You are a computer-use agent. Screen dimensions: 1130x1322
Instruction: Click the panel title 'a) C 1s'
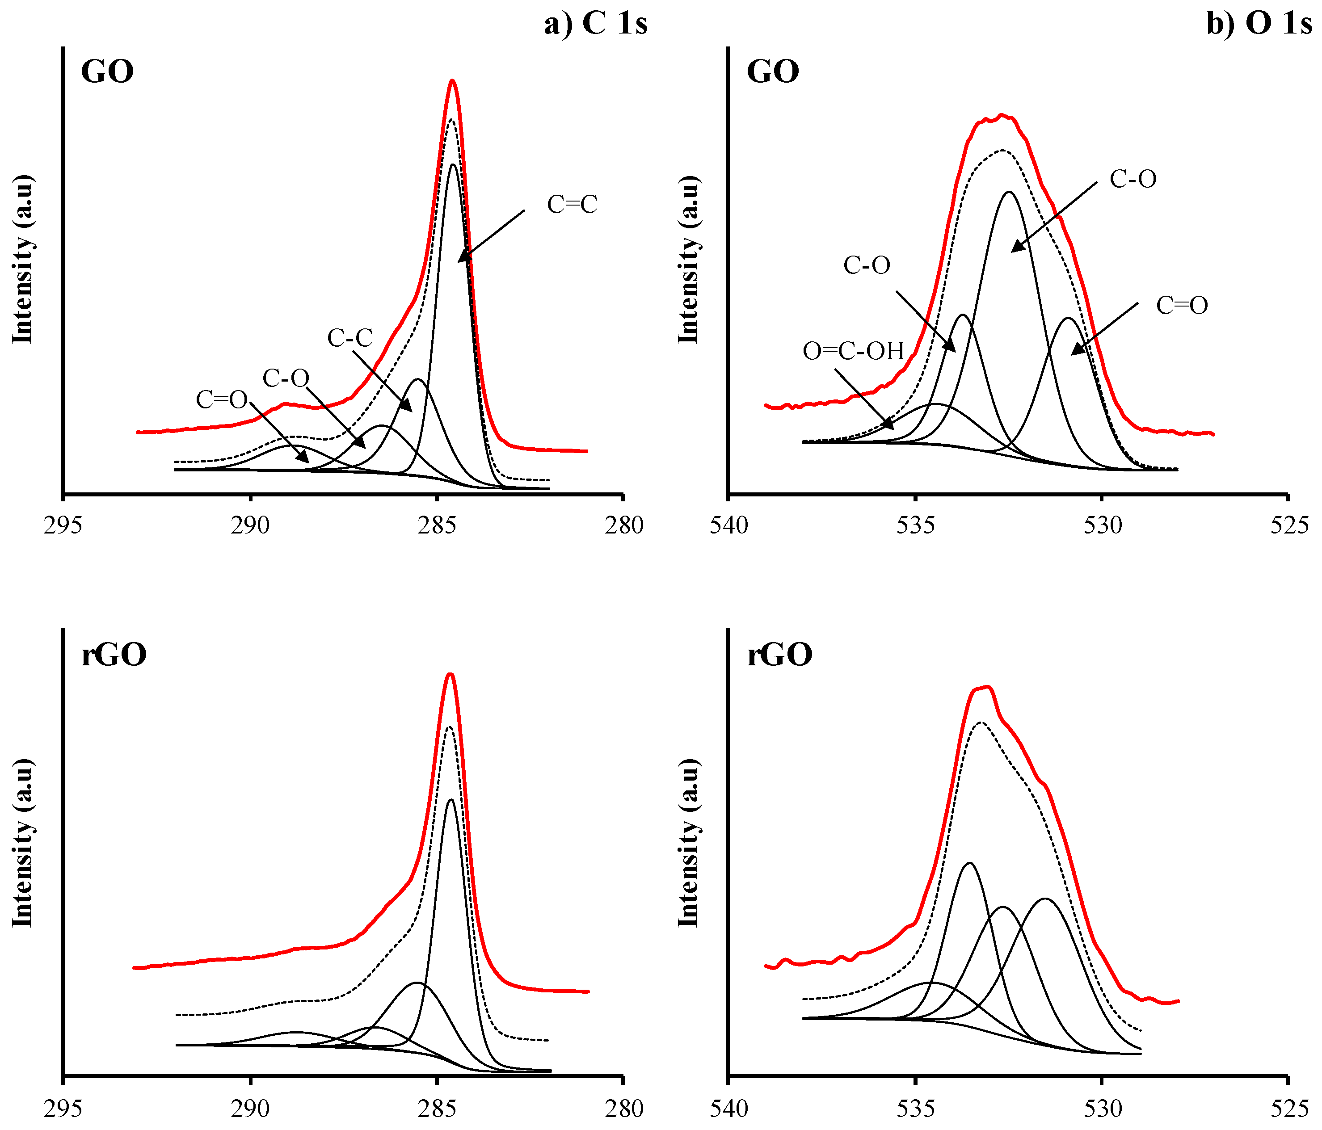click(595, 24)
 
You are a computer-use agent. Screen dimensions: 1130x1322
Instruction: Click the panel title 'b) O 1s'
click(1259, 24)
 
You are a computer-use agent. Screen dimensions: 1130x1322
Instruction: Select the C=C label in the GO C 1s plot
click(572, 204)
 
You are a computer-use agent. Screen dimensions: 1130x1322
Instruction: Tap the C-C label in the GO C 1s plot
click(349, 337)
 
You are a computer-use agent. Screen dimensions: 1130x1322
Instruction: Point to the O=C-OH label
click(854, 351)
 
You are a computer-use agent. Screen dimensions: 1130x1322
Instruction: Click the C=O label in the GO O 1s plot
click(1182, 306)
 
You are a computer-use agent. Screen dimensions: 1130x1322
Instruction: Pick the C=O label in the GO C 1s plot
click(221, 399)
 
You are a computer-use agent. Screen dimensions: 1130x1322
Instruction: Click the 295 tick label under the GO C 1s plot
click(63, 525)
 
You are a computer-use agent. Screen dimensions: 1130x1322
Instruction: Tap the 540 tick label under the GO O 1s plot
click(728, 525)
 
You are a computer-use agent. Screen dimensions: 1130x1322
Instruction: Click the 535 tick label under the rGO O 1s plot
click(915, 1108)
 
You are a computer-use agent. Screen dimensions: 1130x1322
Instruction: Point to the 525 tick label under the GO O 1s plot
click(1288, 525)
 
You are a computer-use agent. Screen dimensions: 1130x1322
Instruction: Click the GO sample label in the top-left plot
click(107, 71)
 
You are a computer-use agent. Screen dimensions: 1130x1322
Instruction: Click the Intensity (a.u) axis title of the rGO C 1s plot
click(22, 843)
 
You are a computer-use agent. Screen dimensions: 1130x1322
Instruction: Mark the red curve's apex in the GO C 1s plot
click(452, 80)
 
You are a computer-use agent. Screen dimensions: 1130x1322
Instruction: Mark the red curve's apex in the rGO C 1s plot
click(450, 674)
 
